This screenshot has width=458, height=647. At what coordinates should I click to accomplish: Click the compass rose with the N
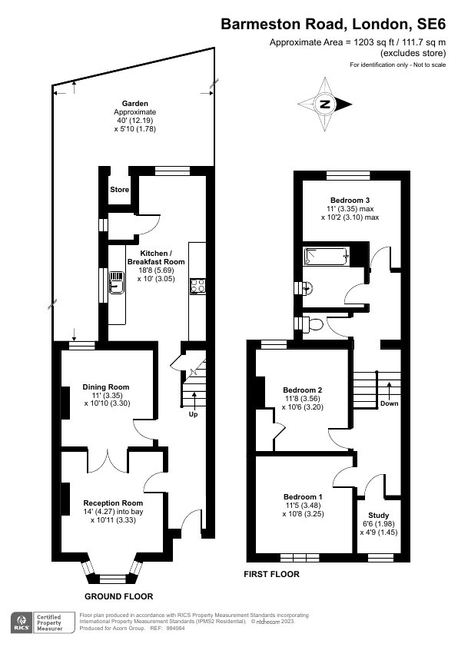point(326,105)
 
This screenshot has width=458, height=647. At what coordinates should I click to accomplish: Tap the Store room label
point(119,189)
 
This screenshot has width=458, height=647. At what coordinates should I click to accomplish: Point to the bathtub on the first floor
point(327,256)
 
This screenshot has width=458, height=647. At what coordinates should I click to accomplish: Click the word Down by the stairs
point(389,403)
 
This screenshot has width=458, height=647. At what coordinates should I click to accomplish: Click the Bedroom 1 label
point(304,496)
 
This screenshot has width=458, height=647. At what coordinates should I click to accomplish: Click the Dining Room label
point(106,387)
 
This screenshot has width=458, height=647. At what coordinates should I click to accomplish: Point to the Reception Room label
point(113,503)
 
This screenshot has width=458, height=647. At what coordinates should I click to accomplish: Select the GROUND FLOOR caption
point(118,596)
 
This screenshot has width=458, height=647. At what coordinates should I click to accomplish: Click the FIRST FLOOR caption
point(271,574)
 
